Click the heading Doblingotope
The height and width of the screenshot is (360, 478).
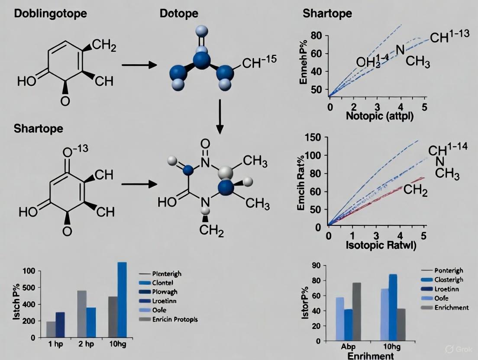[x=50, y=13]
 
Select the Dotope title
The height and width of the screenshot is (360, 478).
[x=179, y=13]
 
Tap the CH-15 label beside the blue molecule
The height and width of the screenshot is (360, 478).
[x=259, y=64]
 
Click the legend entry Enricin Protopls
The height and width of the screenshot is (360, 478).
[x=175, y=319]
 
